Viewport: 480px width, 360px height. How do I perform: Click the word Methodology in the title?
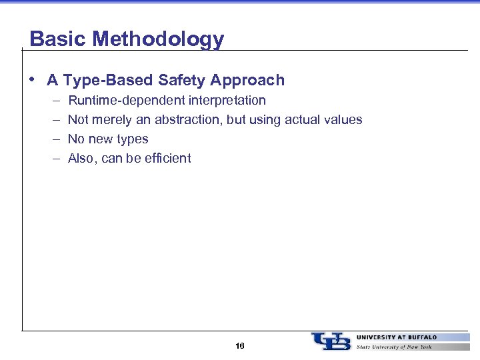pyautogui.click(x=158, y=39)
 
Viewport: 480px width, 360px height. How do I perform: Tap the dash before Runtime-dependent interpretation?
pyautogui.click(x=53, y=101)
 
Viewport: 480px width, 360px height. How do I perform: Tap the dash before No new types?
pyautogui.click(x=53, y=139)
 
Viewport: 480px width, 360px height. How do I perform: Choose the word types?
pyautogui.click(x=132, y=139)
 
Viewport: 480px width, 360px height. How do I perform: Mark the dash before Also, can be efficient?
pyautogui.click(x=53, y=159)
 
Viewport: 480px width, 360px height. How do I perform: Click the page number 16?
pyautogui.click(x=240, y=346)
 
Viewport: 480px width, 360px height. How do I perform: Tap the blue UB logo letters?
pyautogui.click(x=331, y=341)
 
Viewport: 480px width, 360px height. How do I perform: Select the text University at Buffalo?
pyautogui.click(x=397, y=337)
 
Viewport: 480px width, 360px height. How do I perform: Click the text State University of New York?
pyautogui.click(x=394, y=347)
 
